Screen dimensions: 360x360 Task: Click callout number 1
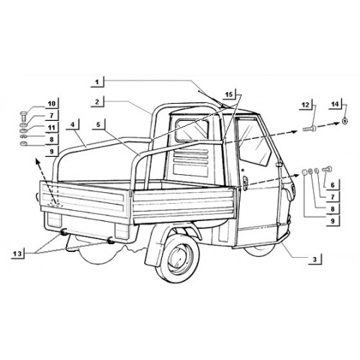point(97,82)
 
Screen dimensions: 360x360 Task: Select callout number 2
point(97,102)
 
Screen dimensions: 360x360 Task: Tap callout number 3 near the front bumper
point(315,259)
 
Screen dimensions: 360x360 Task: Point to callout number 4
point(73,125)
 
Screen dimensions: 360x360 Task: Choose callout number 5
point(99,125)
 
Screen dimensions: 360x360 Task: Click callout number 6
point(333,185)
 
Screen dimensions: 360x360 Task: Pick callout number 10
point(52,104)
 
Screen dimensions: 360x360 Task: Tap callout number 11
point(52,127)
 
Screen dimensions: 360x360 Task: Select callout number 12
point(305,104)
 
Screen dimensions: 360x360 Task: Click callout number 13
point(17,253)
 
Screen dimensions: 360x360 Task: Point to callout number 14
point(335,104)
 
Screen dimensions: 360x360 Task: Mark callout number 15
point(229,94)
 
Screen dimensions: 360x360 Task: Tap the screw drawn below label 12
point(310,129)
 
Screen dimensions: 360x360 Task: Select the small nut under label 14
point(344,122)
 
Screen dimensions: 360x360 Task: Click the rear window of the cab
point(192,131)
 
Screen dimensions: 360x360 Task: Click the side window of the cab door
point(254,145)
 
